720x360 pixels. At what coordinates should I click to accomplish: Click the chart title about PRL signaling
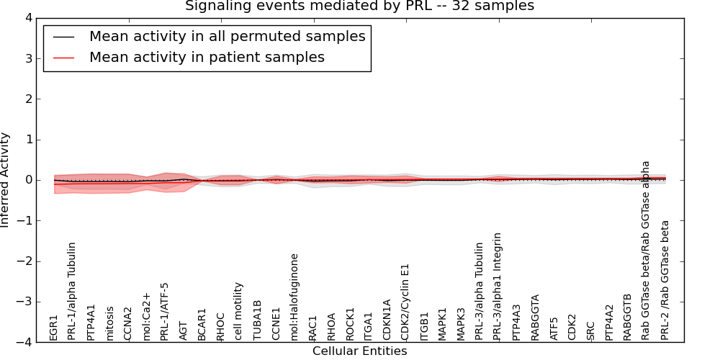coord(359,6)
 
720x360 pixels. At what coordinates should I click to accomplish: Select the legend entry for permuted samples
coord(227,37)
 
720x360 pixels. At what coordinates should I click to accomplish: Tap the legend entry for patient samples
coord(207,58)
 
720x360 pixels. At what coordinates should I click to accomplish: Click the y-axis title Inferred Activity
coord(6,180)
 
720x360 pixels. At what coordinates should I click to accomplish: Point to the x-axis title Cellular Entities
coord(359,351)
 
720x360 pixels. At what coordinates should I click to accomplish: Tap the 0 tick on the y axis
coord(27,180)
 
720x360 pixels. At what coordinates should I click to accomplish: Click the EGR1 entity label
coord(54,328)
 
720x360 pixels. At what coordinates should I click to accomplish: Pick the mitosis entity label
coord(109,323)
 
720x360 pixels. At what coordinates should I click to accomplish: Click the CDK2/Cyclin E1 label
coord(405,302)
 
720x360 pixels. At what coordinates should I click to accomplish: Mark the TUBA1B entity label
coord(257,320)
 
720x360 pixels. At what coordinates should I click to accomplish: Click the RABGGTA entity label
coord(535,317)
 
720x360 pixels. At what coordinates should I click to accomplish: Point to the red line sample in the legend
coord(63,58)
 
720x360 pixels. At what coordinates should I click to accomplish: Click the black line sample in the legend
coord(63,37)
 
